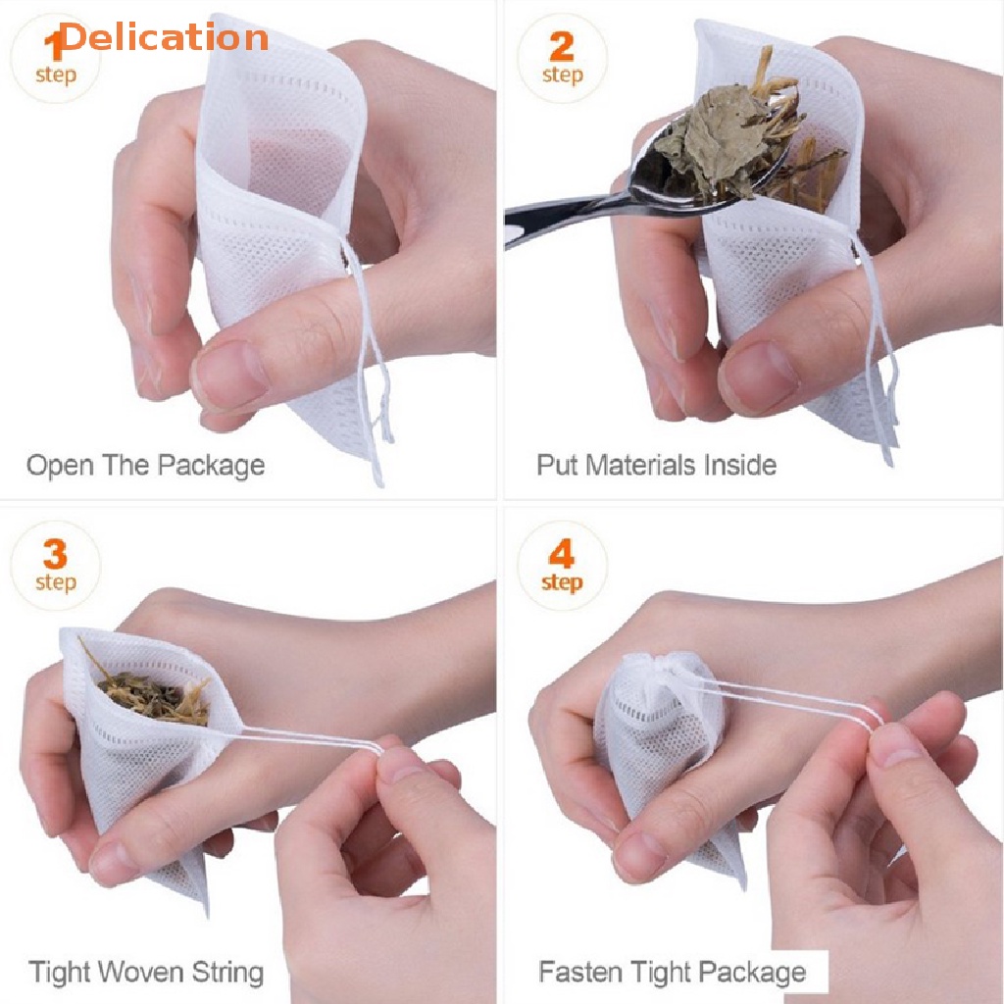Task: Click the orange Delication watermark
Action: pos(164,37)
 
